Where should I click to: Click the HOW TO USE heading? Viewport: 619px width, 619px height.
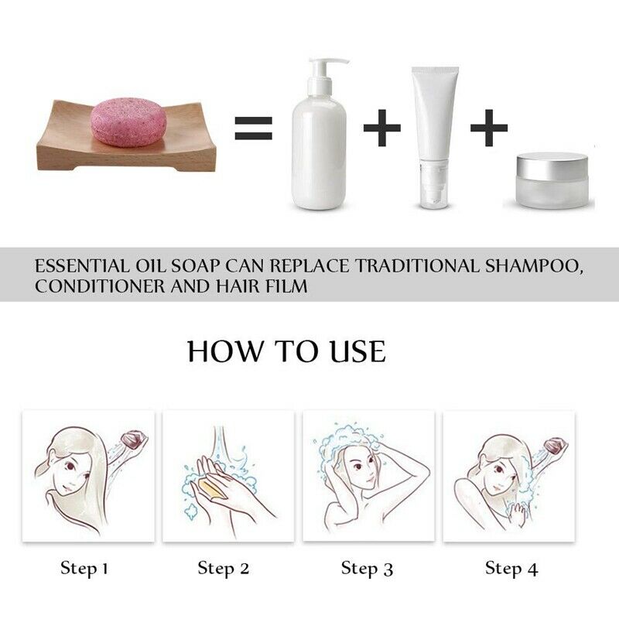point(286,351)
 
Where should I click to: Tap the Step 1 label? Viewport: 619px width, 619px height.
point(84,569)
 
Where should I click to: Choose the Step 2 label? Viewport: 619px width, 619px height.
point(224,569)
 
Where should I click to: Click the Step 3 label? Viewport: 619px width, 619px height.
point(368,569)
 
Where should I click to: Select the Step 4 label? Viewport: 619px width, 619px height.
point(511,569)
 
